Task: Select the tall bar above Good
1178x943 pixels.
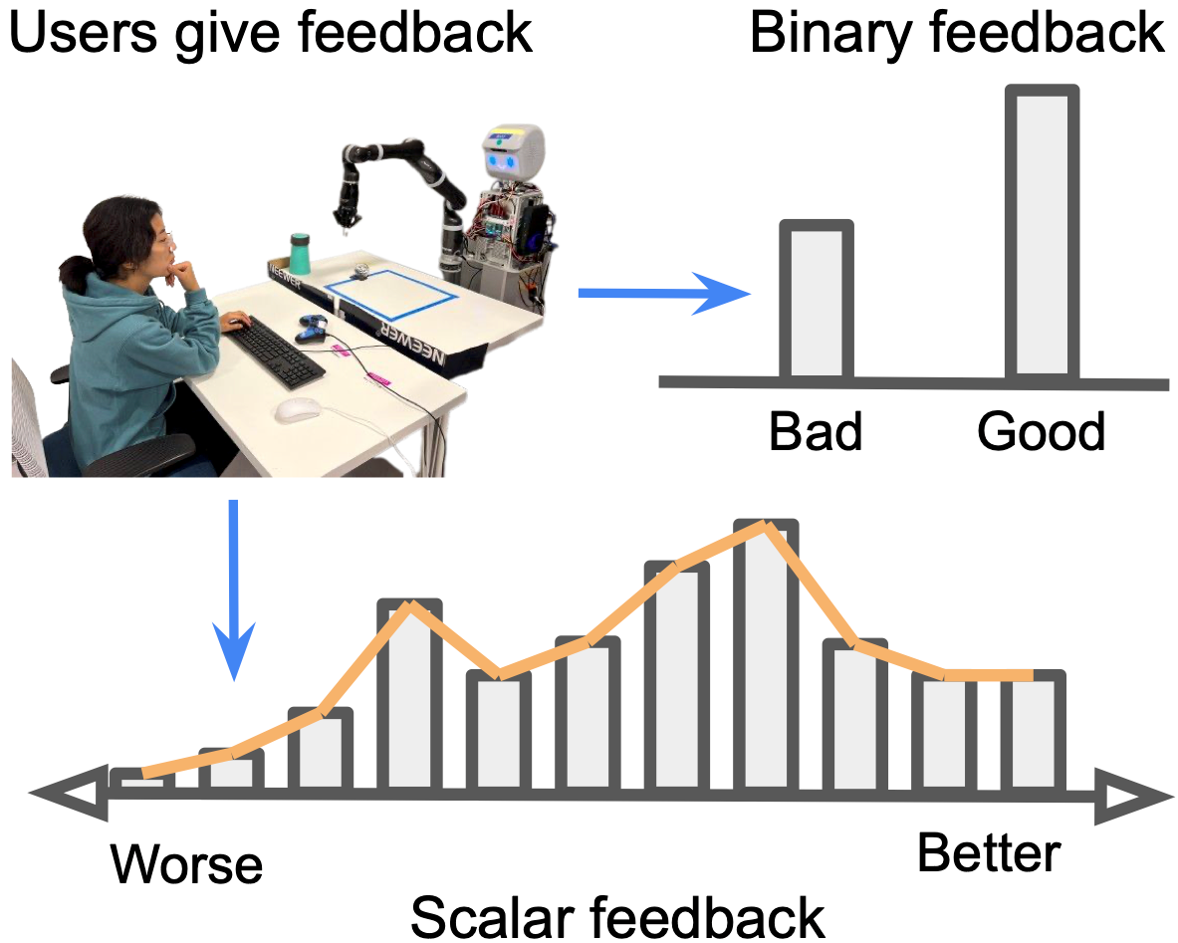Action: (x=1042, y=234)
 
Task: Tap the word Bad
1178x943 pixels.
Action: (x=816, y=432)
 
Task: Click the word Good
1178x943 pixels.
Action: (x=1042, y=432)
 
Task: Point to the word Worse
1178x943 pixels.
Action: (x=186, y=863)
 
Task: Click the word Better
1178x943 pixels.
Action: (x=989, y=853)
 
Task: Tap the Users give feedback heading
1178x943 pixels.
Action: (x=270, y=33)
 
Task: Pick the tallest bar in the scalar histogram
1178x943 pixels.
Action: (x=765, y=657)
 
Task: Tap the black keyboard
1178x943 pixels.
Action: (x=276, y=352)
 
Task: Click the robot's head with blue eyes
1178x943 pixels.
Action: (x=514, y=154)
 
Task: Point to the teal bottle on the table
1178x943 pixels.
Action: (x=300, y=254)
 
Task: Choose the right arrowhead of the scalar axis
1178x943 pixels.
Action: (x=1133, y=797)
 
